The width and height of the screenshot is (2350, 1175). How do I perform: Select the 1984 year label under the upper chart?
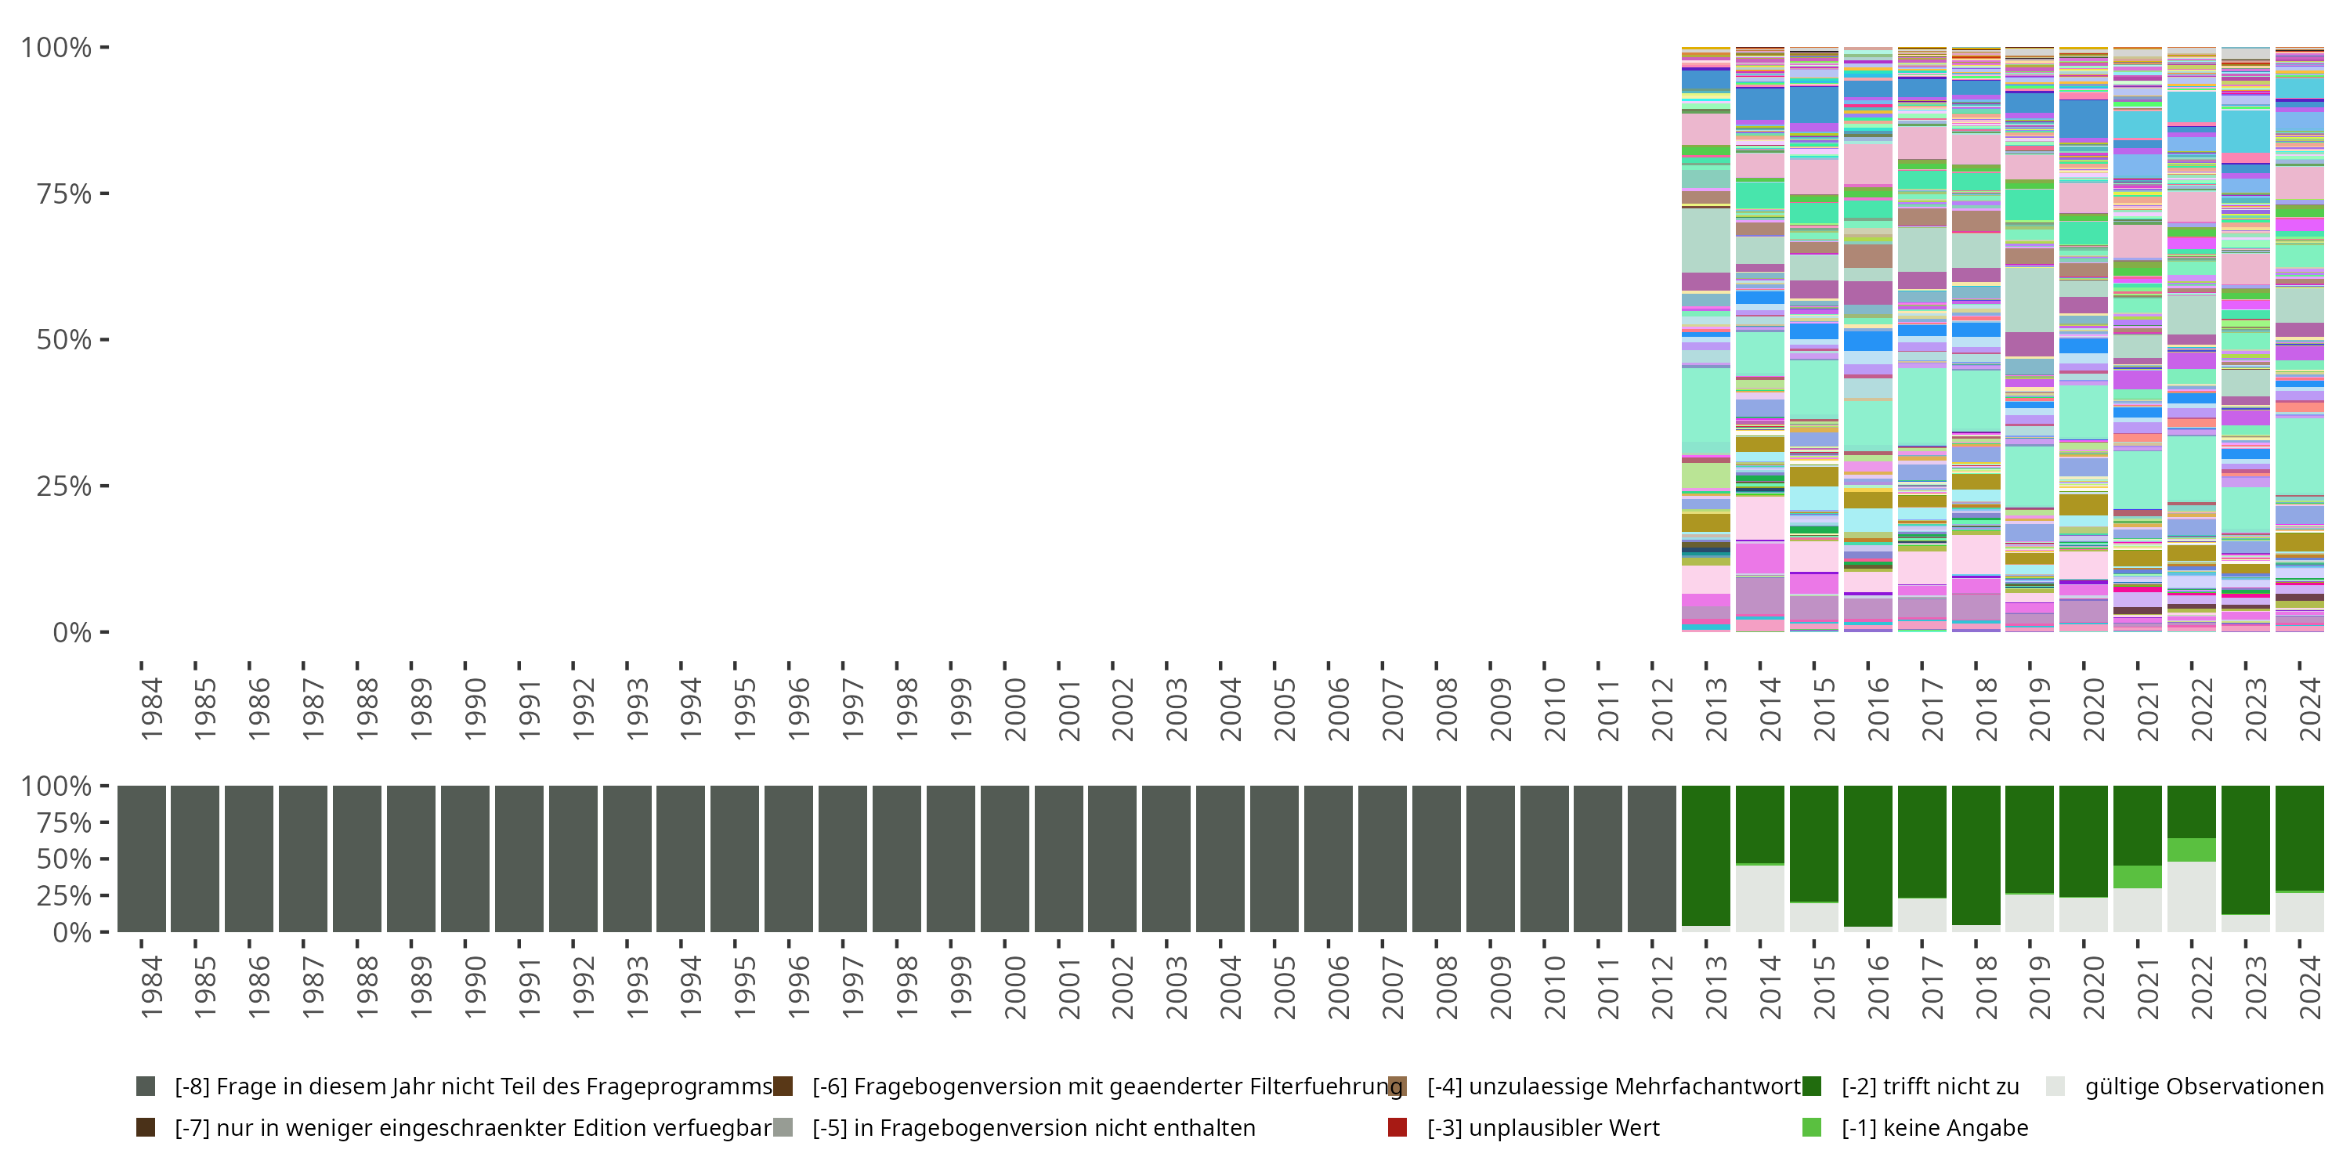click(151, 709)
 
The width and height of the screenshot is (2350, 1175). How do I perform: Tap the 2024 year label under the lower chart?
click(2309, 986)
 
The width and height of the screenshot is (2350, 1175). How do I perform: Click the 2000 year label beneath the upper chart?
click(1014, 709)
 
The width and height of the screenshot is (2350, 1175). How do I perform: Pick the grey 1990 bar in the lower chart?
click(465, 859)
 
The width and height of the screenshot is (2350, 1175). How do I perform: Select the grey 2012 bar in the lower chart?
click(1652, 859)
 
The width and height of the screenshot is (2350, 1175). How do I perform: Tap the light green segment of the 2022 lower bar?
click(2191, 849)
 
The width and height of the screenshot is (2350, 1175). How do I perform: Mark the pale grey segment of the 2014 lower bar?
click(1760, 898)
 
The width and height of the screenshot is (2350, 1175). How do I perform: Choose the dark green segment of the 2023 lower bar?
click(2245, 849)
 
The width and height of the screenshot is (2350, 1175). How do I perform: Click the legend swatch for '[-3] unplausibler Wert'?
click(1397, 1127)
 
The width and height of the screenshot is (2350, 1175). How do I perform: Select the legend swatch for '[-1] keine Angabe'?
click(1812, 1127)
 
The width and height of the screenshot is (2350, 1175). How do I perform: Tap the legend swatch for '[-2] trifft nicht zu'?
click(1812, 1086)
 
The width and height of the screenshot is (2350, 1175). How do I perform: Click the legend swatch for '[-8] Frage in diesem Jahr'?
click(145, 1086)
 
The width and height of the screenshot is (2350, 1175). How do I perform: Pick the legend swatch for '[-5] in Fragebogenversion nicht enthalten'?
click(783, 1127)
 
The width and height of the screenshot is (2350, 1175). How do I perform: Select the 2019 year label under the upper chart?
click(2039, 709)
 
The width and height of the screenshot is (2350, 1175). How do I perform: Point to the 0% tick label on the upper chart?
click(71, 632)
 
